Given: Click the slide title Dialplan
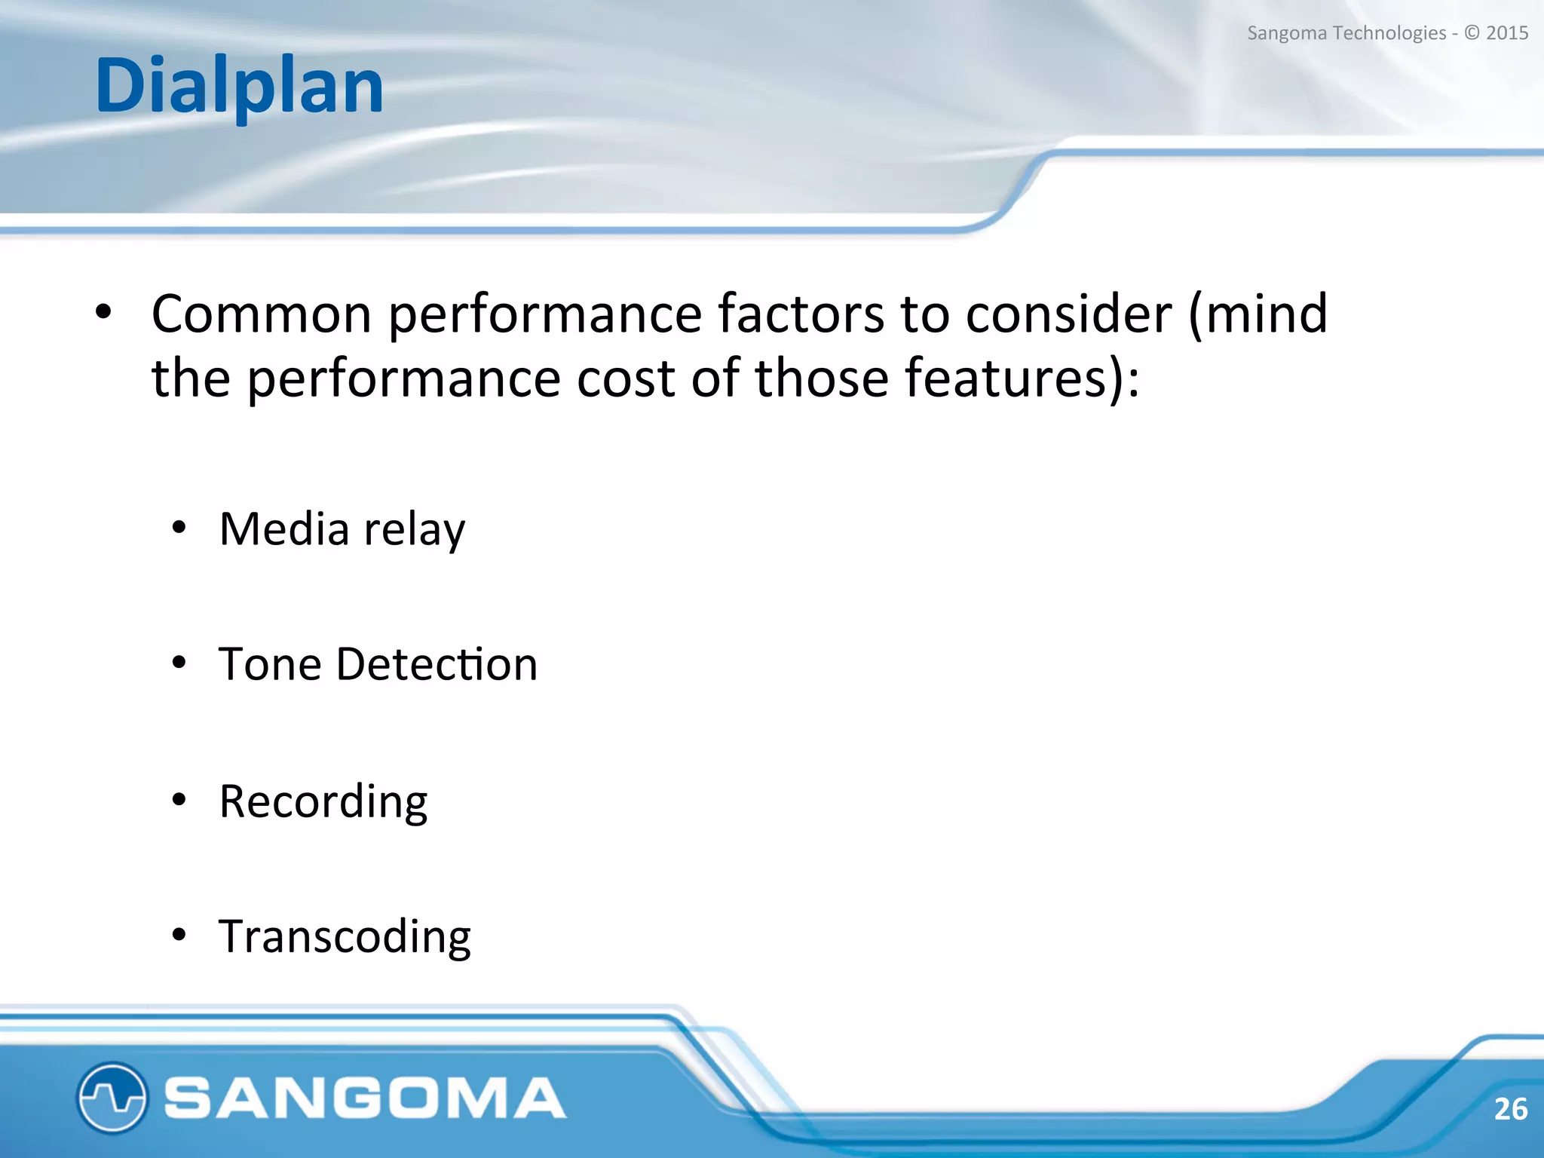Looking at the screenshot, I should [x=239, y=87].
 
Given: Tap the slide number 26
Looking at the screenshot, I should [x=1510, y=1109].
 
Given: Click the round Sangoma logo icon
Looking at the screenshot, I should [x=112, y=1098].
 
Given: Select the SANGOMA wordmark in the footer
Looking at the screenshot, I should [x=365, y=1098].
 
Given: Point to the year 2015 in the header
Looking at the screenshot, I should [x=1507, y=33].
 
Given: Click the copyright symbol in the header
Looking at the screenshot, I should [x=1472, y=33].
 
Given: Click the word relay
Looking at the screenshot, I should [x=415, y=530].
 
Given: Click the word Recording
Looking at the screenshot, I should [x=323, y=801].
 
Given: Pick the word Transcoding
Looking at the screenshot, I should [x=345, y=937].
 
